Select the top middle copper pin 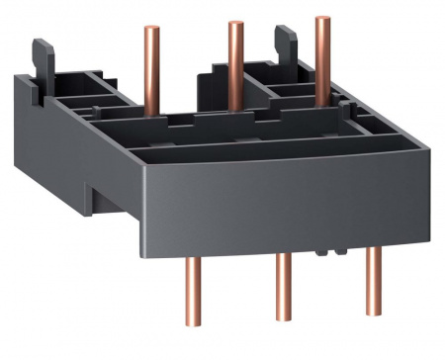click(235, 58)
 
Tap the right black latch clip click(282, 44)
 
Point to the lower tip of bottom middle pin click(283, 339)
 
